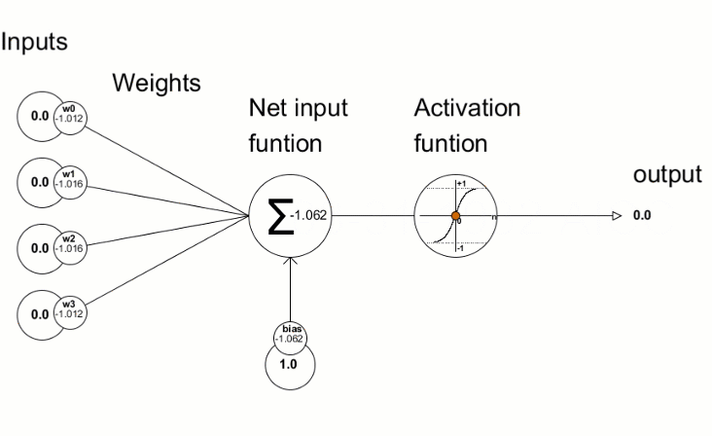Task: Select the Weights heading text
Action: click(157, 83)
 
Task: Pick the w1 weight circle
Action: click(68, 180)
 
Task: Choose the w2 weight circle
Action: click(68, 245)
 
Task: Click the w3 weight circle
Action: click(68, 312)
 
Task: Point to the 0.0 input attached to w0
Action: click(39, 117)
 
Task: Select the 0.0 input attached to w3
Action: click(39, 313)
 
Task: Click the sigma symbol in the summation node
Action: click(280, 216)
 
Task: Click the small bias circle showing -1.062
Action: click(292, 336)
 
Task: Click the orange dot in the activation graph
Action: click(455, 215)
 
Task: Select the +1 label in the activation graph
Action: click(461, 184)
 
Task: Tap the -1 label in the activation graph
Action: click(461, 248)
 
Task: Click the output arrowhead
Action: click(616, 215)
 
